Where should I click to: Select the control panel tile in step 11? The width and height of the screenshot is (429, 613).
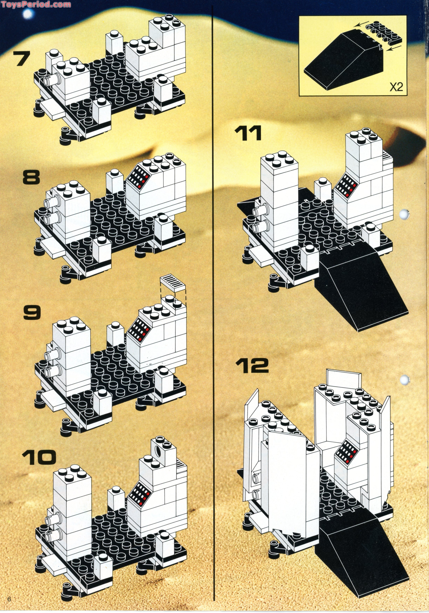345,185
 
